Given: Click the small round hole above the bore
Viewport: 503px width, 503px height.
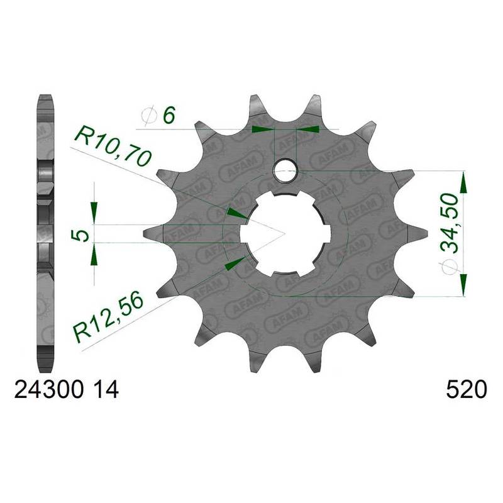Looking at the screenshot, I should coord(286,170).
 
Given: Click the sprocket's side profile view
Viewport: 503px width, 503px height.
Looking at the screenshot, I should coord(45,233).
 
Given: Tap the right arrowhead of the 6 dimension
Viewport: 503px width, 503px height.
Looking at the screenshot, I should coord(307,129).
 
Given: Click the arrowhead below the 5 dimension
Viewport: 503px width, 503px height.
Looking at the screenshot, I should coord(94,254).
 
